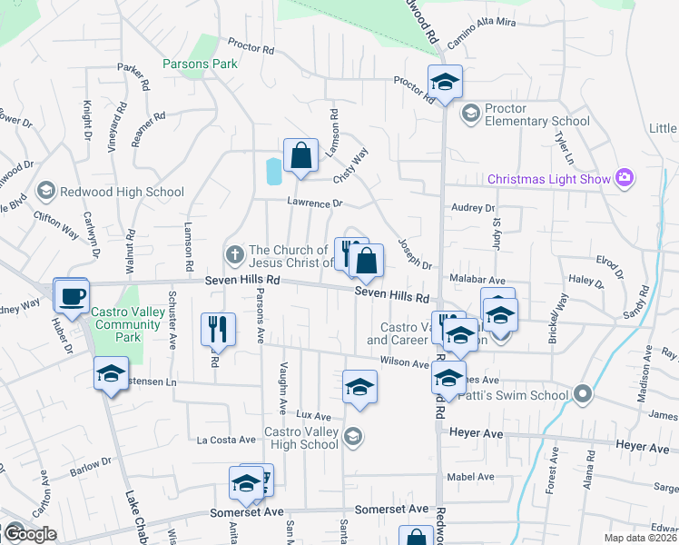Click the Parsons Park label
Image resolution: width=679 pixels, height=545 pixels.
(200, 64)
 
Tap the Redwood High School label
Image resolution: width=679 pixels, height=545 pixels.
(122, 192)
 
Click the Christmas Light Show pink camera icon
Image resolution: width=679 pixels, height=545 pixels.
(624, 178)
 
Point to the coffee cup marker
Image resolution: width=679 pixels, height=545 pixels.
(71, 295)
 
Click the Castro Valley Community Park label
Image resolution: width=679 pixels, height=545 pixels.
(118, 324)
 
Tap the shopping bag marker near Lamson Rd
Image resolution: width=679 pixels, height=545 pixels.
(300, 155)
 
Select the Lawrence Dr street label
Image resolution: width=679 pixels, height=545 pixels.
(315, 203)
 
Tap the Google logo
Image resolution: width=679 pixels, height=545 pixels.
(29, 533)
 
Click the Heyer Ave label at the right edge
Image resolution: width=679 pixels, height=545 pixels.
(642, 447)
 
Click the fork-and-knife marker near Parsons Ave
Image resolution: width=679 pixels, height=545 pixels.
(218, 331)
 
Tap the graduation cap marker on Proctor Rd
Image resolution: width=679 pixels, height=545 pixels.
(445, 83)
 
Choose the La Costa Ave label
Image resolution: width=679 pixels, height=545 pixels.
(226, 440)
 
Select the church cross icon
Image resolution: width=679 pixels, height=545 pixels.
(234, 253)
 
